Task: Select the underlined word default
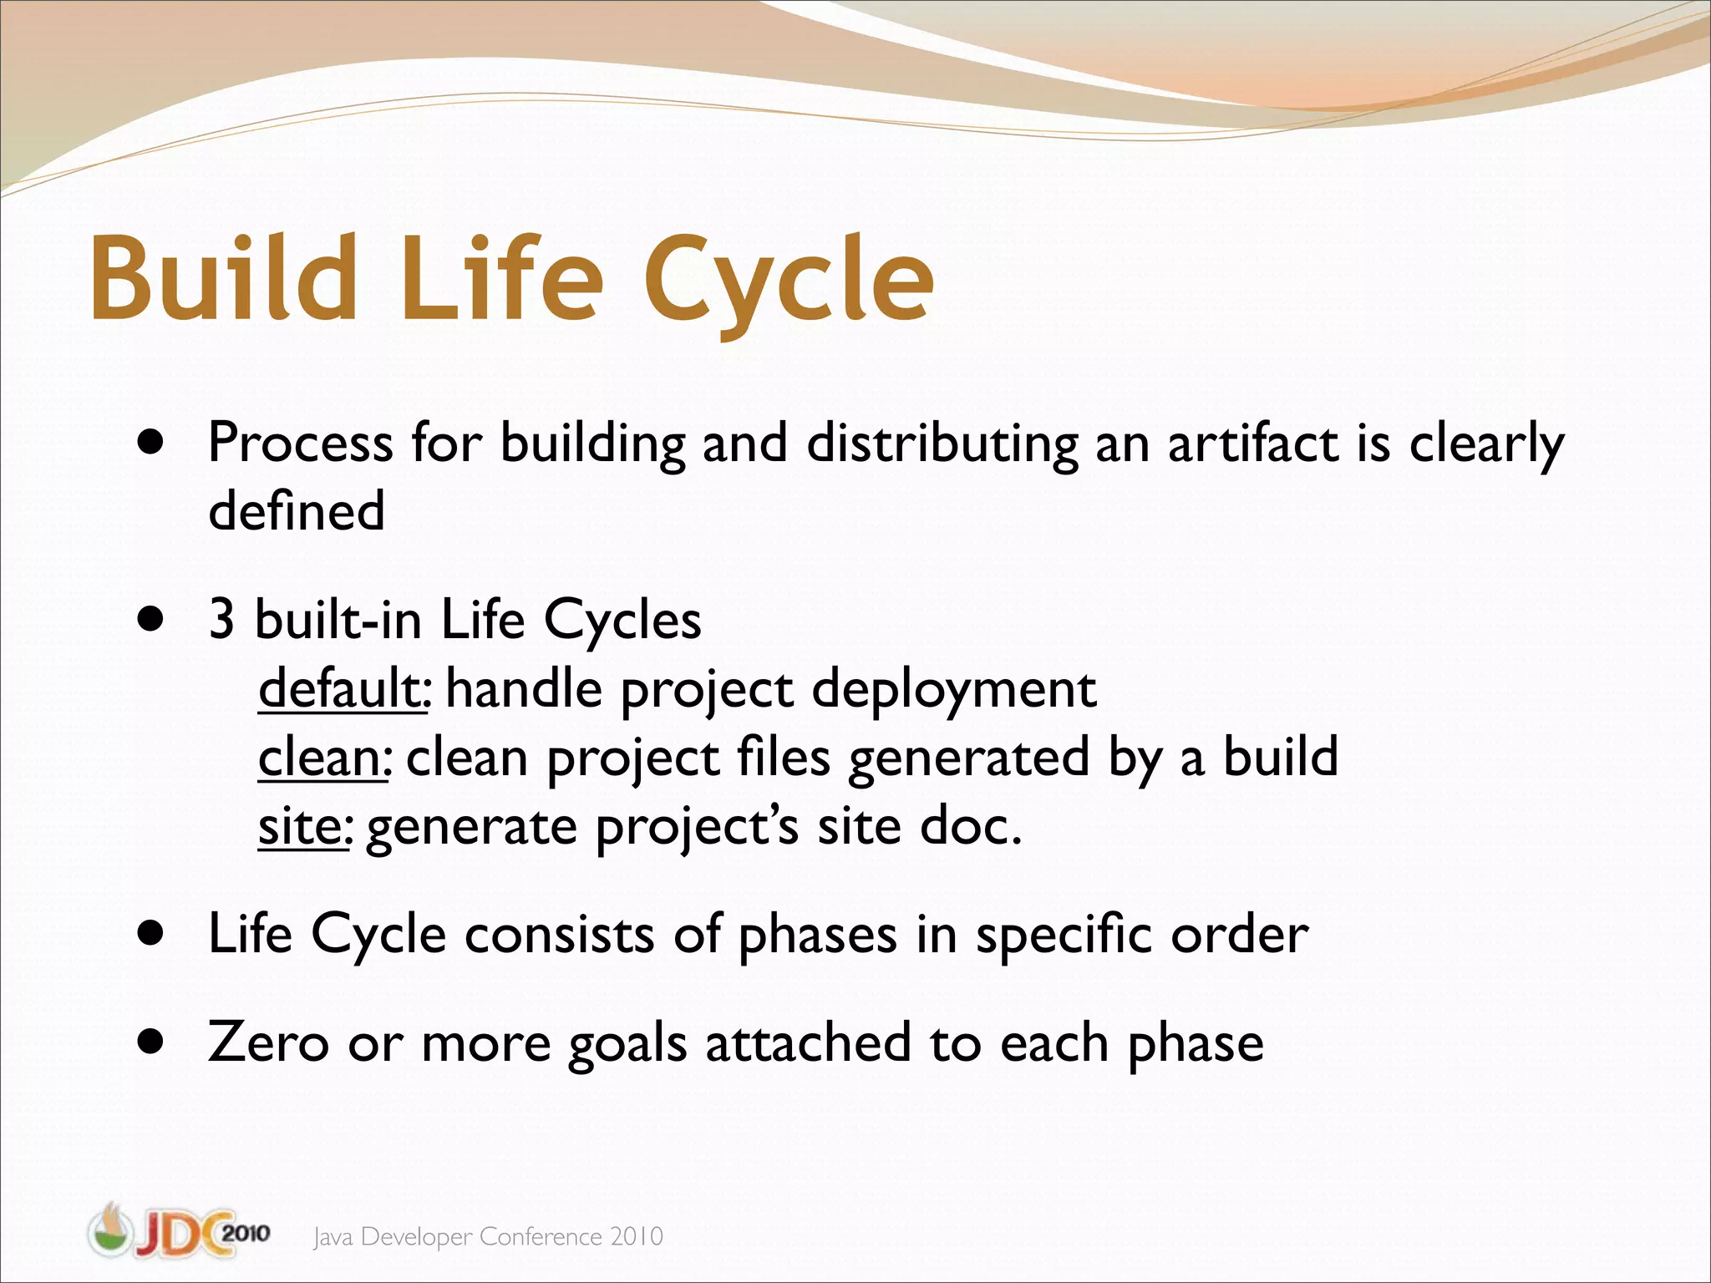[341, 689]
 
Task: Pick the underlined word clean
[321, 758]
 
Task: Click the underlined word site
[301, 826]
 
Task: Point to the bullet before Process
[150, 444]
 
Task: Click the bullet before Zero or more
[150, 1043]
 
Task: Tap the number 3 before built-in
[221, 621]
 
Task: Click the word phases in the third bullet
[818, 936]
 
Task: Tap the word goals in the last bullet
[627, 1045]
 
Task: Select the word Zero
[268, 1043]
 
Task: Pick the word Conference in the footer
[541, 1237]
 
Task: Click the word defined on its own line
[297, 510]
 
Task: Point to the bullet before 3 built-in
[150, 621]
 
